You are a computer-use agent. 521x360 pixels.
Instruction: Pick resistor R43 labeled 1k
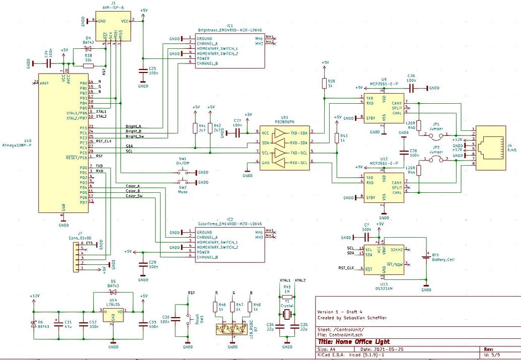click(x=336, y=138)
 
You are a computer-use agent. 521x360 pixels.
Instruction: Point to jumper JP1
click(x=436, y=134)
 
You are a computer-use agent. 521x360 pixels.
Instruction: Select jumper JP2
click(x=436, y=159)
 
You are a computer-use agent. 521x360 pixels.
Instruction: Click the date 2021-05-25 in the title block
click(x=374, y=349)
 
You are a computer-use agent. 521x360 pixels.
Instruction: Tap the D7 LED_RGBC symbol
click(x=233, y=329)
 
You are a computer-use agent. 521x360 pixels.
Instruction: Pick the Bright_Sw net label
click(x=134, y=136)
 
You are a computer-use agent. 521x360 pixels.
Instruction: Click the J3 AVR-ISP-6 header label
click(x=113, y=8)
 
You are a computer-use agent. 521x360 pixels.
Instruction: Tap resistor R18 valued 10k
click(x=89, y=64)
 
